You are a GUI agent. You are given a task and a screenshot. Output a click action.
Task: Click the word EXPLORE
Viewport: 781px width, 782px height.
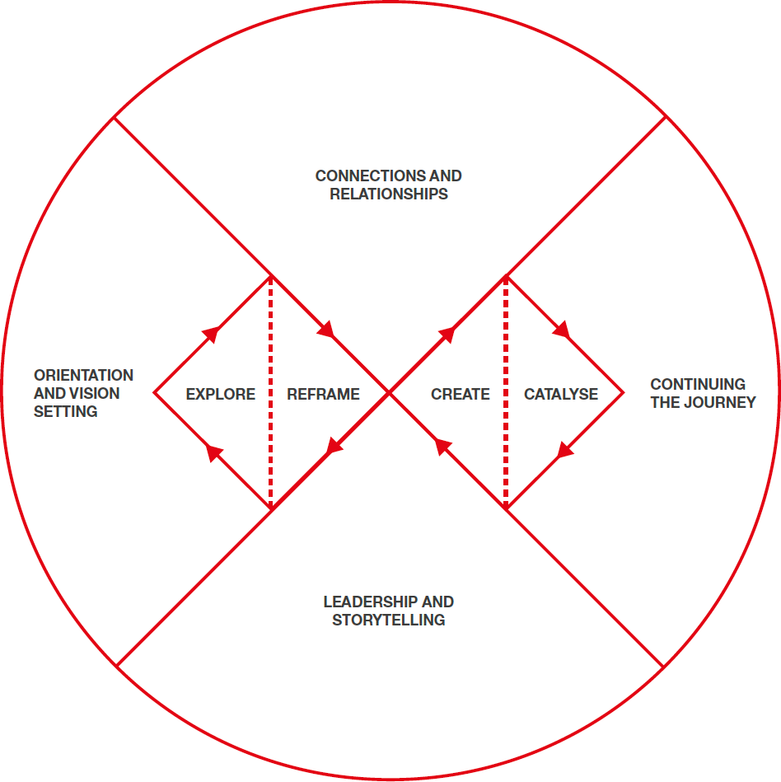[220, 395]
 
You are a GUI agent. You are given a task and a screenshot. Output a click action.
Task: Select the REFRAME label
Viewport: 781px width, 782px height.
[323, 395]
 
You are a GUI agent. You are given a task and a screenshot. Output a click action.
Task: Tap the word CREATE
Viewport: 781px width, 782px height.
[460, 395]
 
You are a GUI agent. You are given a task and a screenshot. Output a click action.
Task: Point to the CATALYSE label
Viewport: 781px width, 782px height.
[560, 395]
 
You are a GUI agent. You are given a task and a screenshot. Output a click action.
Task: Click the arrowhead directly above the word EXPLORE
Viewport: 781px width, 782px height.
[212, 333]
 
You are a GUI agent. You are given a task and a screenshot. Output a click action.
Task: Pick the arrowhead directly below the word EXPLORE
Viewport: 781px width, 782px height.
[214, 452]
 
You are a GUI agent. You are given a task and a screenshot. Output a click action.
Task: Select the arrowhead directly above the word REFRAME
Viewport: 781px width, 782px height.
[326, 330]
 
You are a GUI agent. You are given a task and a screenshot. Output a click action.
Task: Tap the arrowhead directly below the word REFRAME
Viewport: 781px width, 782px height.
[334, 447]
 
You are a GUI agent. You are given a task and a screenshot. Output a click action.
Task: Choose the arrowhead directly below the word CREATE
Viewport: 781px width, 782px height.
[442, 447]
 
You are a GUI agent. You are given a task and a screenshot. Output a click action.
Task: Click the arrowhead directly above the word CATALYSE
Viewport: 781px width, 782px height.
[562, 331]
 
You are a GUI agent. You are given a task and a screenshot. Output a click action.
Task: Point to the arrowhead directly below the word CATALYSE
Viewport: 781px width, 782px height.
[564, 449]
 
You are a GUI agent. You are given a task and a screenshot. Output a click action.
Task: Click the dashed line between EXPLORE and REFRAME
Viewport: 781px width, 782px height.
[270, 394]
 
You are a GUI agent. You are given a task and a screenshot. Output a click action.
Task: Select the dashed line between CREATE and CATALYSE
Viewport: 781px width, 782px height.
[506, 394]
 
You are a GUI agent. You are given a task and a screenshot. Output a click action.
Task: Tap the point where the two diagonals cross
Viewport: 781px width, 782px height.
[389, 394]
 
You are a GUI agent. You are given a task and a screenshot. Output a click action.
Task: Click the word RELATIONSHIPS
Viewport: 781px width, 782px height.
[389, 194]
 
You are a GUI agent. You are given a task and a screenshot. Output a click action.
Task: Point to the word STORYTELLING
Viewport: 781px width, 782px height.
[389, 620]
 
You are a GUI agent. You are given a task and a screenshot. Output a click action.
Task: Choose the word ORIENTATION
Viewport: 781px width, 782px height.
[83, 376]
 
